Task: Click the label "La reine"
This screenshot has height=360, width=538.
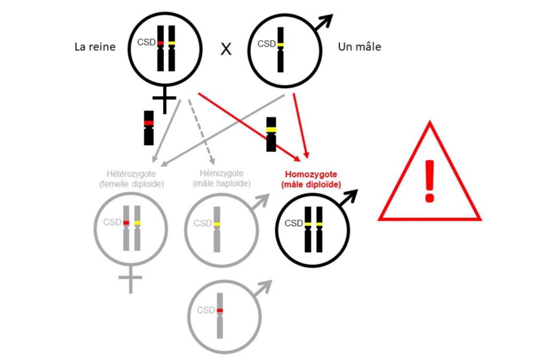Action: pyautogui.click(x=95, y=46)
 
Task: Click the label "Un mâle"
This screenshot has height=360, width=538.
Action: pyautogui.click(x=359, y=46)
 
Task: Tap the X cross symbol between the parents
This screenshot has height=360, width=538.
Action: pyautogui.click(x=226, y=49)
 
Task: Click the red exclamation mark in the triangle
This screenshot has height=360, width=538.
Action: pyautogui.click(x=430, y=181)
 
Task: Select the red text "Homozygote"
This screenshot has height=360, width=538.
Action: pyautogui.click(x=311, y=174)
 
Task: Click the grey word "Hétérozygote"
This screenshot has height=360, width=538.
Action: pyautogui.click(x=131, y=174)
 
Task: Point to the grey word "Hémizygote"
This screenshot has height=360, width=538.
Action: pyautogui.click(x=222, y=173)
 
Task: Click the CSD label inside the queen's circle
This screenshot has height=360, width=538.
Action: pyautogui.click(x=146, y=42)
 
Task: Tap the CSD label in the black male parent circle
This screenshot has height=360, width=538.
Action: pyautogui.click(x=267, y=44)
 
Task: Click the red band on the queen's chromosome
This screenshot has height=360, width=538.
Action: pyautogui.click(x=160, y=43)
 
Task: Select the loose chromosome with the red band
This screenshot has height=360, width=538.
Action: pyautogui.click(x=149, y=128)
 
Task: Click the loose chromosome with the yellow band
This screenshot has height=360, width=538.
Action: pyautogui.click(x=271, y=134)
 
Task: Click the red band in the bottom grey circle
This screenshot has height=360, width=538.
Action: pyautogui.click(x=220, y=311)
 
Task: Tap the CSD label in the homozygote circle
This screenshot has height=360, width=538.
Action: pyautogui.click(x=293, y=223)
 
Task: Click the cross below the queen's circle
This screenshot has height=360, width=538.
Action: pyautogui.click(x=164, y=99)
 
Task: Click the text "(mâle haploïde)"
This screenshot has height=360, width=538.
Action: pyautogui.click(x=222, y=184)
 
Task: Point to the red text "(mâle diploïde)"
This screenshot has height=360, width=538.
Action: pyautogui.click(x=311, y=185)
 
